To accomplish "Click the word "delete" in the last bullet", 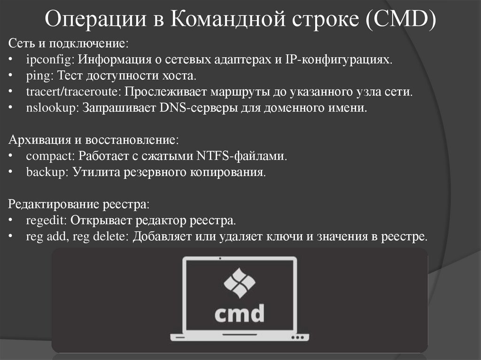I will coord(107,236).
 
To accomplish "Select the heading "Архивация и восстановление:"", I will coord(93,140).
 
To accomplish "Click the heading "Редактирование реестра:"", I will coord(79,204).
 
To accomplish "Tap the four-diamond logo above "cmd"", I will coord(240,283).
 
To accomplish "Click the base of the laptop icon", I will coord(240,337).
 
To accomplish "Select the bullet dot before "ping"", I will coord(11,76).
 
